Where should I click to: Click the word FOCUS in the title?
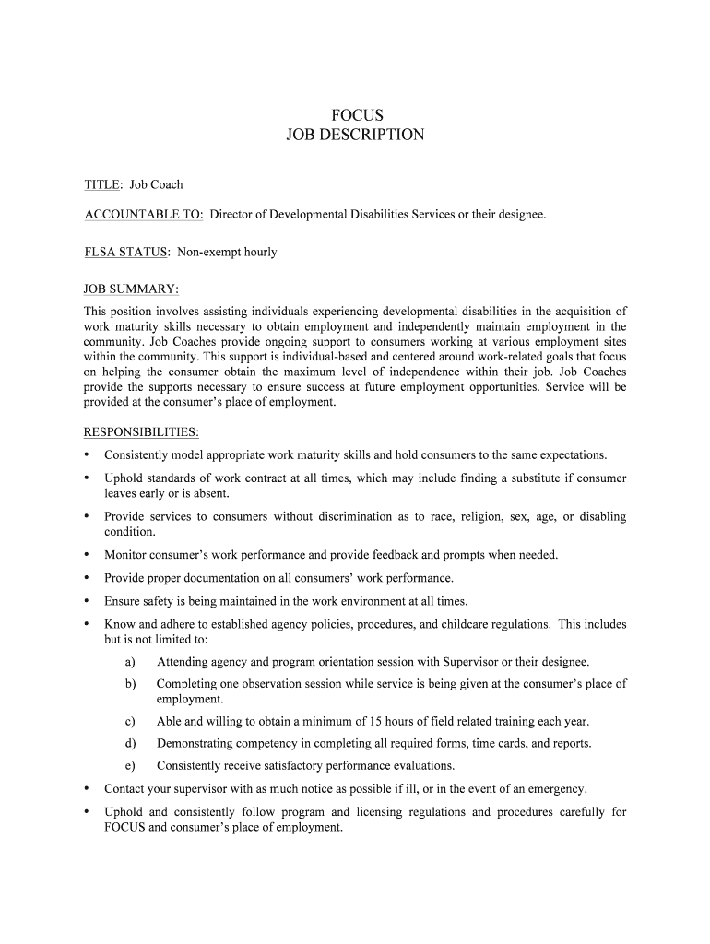[x=355, y=115]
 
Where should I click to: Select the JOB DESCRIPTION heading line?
[x=355, y=135]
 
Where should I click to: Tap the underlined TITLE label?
[x=102, y=185]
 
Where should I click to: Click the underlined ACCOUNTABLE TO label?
[x=143, y=215]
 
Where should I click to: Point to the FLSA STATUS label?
[x=126, y=252]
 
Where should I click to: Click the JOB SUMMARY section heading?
[x=131, y=289]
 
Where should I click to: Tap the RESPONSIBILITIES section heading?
[x=141, y=432]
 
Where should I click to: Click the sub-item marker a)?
[x=130, y=662]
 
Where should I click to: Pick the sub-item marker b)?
[x=130, y=684]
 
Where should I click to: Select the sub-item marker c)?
[x=130, y=722]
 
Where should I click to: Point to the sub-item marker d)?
[x=130, y=743]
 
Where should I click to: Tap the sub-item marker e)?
[x=130, y=766]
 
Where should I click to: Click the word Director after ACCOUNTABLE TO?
[x=231, y=215]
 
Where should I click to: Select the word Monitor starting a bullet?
[x=126, y=555]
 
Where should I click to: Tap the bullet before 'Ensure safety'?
[x=87, y=601]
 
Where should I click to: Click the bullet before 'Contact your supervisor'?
[x=87, y=789]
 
